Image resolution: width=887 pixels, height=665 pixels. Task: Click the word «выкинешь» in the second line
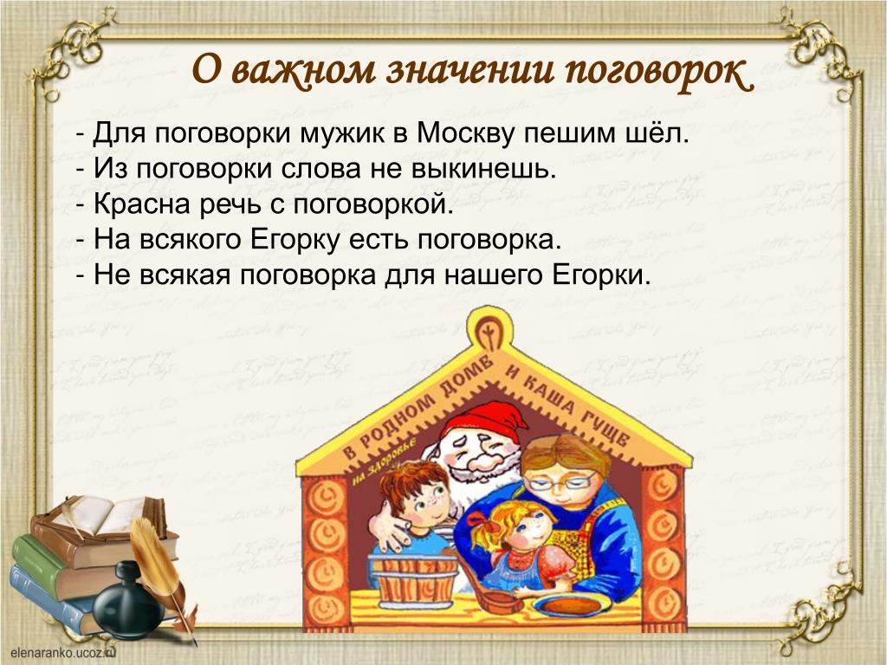coord(483,170)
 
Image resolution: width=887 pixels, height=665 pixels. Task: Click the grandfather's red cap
coord(489,420)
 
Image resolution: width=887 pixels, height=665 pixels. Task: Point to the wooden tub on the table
coord(413,578)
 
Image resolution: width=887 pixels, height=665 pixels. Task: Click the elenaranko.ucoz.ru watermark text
coord(62,652)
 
